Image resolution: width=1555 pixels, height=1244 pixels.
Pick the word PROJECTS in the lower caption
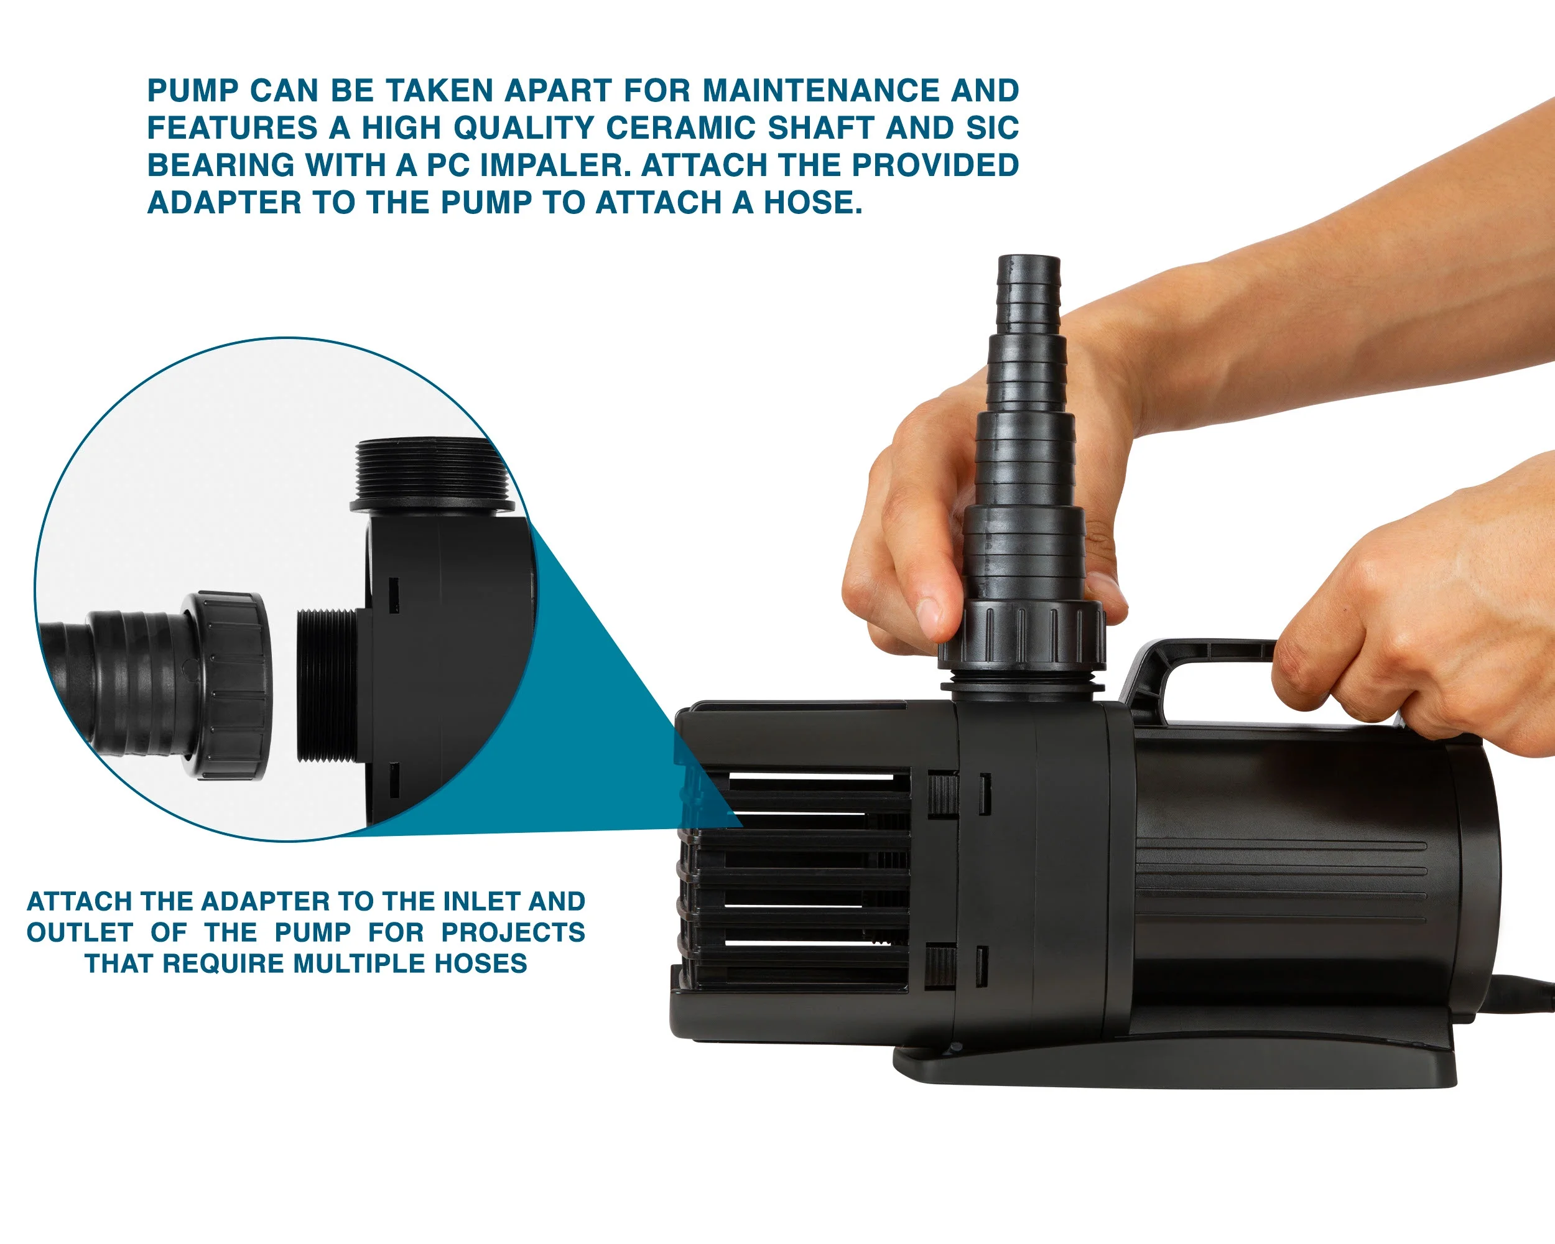(x=513, y=932)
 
